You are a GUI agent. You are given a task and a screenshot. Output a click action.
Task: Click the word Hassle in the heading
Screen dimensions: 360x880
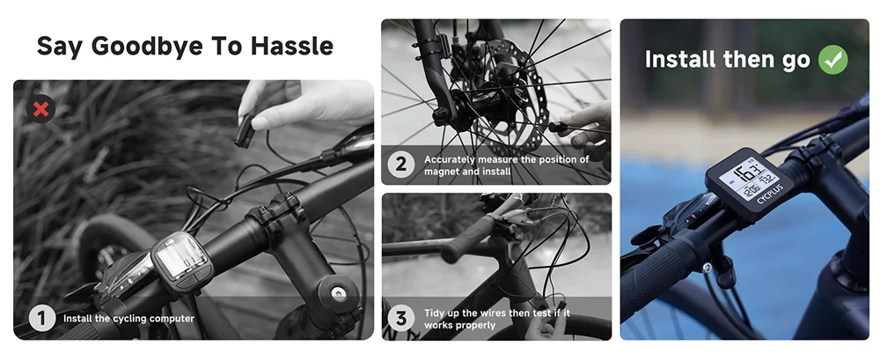pyautogui.click(x=296, y=46)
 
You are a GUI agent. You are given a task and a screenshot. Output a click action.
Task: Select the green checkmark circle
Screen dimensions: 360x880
pyautogui.click(x=832, y=60)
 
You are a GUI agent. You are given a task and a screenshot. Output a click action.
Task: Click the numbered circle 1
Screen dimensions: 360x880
pyautogui.click(x=41, y=318)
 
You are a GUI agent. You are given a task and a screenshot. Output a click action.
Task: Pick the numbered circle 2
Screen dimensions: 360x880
pyautogui.click(x=402, y=165)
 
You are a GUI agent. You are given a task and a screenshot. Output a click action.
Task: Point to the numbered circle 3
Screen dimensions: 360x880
pyautogui.click(x=402, y=318)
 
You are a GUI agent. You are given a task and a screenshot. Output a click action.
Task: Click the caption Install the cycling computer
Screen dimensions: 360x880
pyautogui.click(x=128, y=319)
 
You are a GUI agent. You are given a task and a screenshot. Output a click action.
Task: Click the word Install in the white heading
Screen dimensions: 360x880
pyautogui.click(x=675, y=60)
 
